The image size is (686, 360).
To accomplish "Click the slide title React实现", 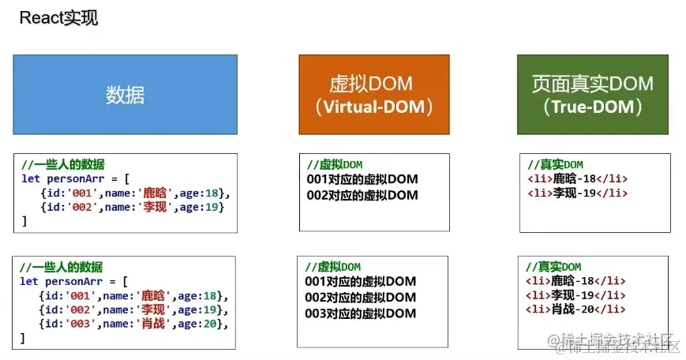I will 58,18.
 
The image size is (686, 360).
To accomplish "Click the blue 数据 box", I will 125,94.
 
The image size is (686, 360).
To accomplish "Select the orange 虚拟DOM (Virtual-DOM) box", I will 373,94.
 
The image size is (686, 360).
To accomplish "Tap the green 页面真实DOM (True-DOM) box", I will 592,94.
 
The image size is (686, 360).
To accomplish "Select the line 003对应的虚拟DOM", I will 360,313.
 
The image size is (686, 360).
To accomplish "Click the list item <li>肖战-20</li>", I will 577,309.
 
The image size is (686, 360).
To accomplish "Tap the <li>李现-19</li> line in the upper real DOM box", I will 577,193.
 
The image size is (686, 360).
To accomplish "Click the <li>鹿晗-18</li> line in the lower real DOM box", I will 577,280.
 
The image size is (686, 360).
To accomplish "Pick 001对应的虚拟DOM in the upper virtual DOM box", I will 362,179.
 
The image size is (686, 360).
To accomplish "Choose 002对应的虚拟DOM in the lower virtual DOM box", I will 360,298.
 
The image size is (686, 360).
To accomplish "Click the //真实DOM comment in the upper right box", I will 555,164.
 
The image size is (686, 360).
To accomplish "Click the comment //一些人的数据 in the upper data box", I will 62,164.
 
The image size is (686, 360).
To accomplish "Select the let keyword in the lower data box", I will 29,281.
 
